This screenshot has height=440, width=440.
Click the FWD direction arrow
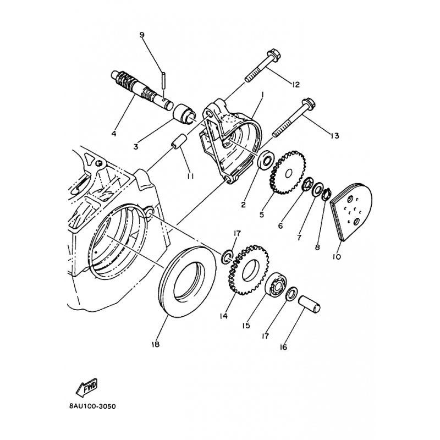pyautogui.click(x=87, y=388)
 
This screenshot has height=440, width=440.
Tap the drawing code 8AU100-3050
pyautogui.click(x=92, y=406)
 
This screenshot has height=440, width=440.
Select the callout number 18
pyautogui.click(x=155, y=344)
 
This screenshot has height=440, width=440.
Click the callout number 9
pyautogui.click(x=142, y=35)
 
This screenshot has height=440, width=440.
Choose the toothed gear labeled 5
pyautogui.click(x=287, y=173)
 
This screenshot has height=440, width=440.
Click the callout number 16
pyautogui.click(x=283, y=347)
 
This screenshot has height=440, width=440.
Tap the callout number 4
pyautogui.click(x=114, y=134)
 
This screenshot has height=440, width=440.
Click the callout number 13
pyautogui.click(x=335, y=135)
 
